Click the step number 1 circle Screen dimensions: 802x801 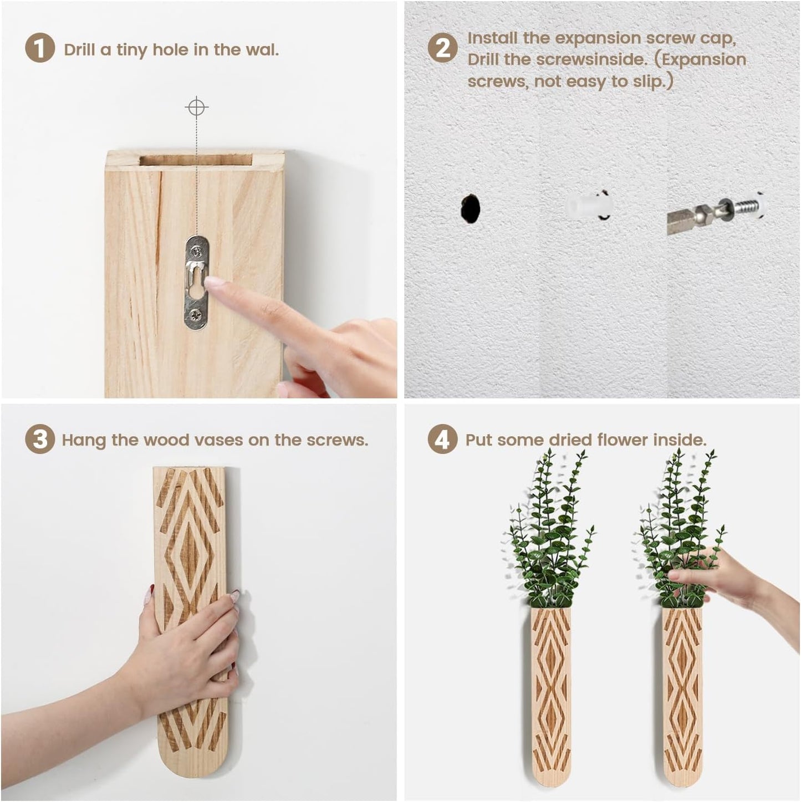coord(40,48)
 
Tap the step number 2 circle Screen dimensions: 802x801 coord(443,48)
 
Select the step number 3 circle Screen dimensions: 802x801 coord(40,440)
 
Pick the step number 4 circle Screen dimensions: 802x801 coord(443,440)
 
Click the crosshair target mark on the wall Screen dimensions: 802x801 coord(196,107)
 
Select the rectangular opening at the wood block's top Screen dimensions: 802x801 coord(196,160)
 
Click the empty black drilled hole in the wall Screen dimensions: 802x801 coord(471,209)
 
